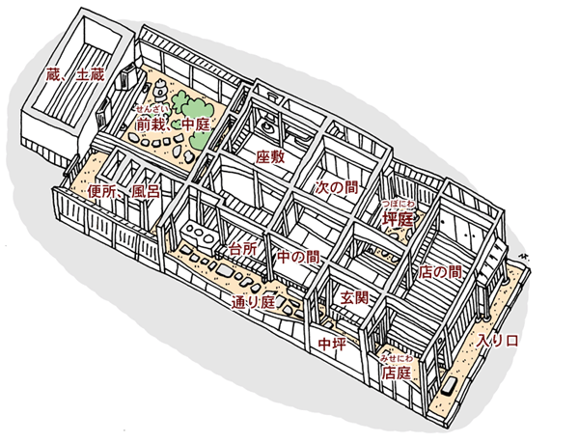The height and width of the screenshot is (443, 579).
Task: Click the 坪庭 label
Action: [397, 219]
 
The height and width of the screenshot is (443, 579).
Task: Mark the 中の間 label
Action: [297, 258]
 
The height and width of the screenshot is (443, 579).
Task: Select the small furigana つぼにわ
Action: [398, 205]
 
